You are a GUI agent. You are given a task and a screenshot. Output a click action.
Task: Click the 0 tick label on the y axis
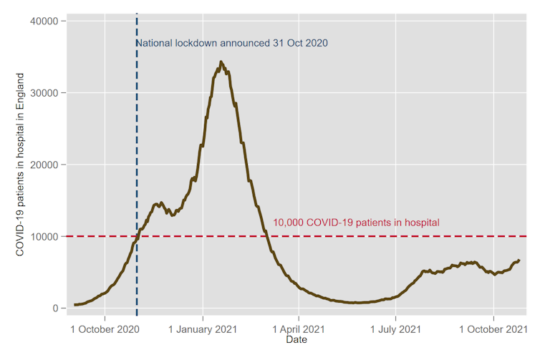pos(54,308)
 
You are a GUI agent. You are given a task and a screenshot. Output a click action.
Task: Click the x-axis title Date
pos(296,340)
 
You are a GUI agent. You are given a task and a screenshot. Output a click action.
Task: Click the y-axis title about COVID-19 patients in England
pos(19,165)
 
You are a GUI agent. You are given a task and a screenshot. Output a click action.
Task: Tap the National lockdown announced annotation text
pos(232,43)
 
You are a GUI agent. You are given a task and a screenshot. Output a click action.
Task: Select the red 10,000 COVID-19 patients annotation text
pos(356,223)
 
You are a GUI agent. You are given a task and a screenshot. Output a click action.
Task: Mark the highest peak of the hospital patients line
pos(221,62)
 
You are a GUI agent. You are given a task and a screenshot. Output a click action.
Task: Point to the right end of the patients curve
pos(519,261)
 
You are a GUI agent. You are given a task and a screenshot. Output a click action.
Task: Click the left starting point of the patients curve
pos(74,305)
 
